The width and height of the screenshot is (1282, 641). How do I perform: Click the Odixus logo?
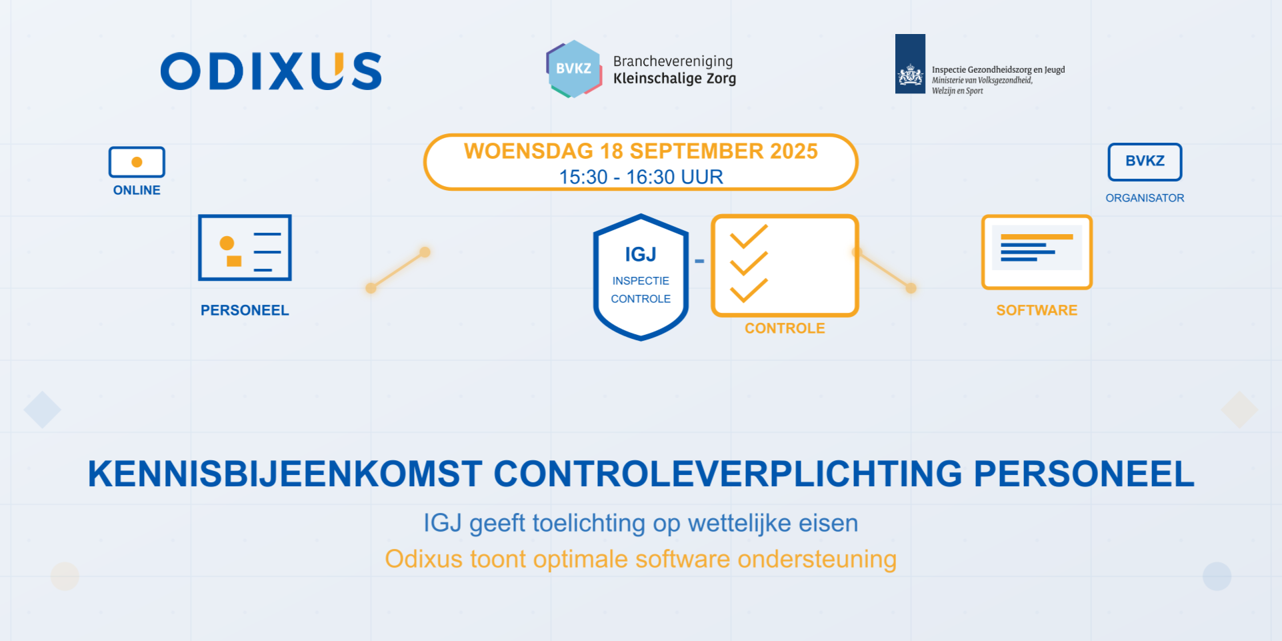pos(271,71)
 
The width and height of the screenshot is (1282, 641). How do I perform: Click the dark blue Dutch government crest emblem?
pos(910,64)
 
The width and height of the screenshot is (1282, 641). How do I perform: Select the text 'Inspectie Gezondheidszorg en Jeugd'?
pos(998,69)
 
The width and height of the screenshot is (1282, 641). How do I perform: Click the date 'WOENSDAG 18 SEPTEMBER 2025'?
pos(641,151)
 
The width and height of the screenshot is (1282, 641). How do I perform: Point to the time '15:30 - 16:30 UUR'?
pos(641,177)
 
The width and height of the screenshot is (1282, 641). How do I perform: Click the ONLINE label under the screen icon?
pos(137,190)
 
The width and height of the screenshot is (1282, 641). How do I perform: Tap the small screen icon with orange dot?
pos(137,162)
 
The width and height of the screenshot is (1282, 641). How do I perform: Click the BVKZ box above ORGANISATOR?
pos(1145,161)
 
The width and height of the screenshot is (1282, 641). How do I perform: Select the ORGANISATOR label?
pos(1145,198)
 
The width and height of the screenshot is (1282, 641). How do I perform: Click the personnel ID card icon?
pos(245,247)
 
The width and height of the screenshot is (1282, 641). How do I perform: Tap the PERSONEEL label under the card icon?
pos(245,310)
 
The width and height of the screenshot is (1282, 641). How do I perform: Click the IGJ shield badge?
pos(641,277)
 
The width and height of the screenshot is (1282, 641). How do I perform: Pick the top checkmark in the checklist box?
pos(749,236)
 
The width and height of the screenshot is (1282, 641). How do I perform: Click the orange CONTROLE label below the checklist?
pos(785,328)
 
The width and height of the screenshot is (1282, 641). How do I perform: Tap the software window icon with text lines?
pos(1037,252)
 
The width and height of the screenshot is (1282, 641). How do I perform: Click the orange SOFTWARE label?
pos(1037,310)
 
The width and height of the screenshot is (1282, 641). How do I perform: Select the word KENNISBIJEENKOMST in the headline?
pos(285,474)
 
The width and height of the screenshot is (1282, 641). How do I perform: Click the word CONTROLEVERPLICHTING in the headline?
pos(728,474)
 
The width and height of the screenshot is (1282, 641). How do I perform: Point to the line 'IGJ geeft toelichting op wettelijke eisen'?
pos(641,523)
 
